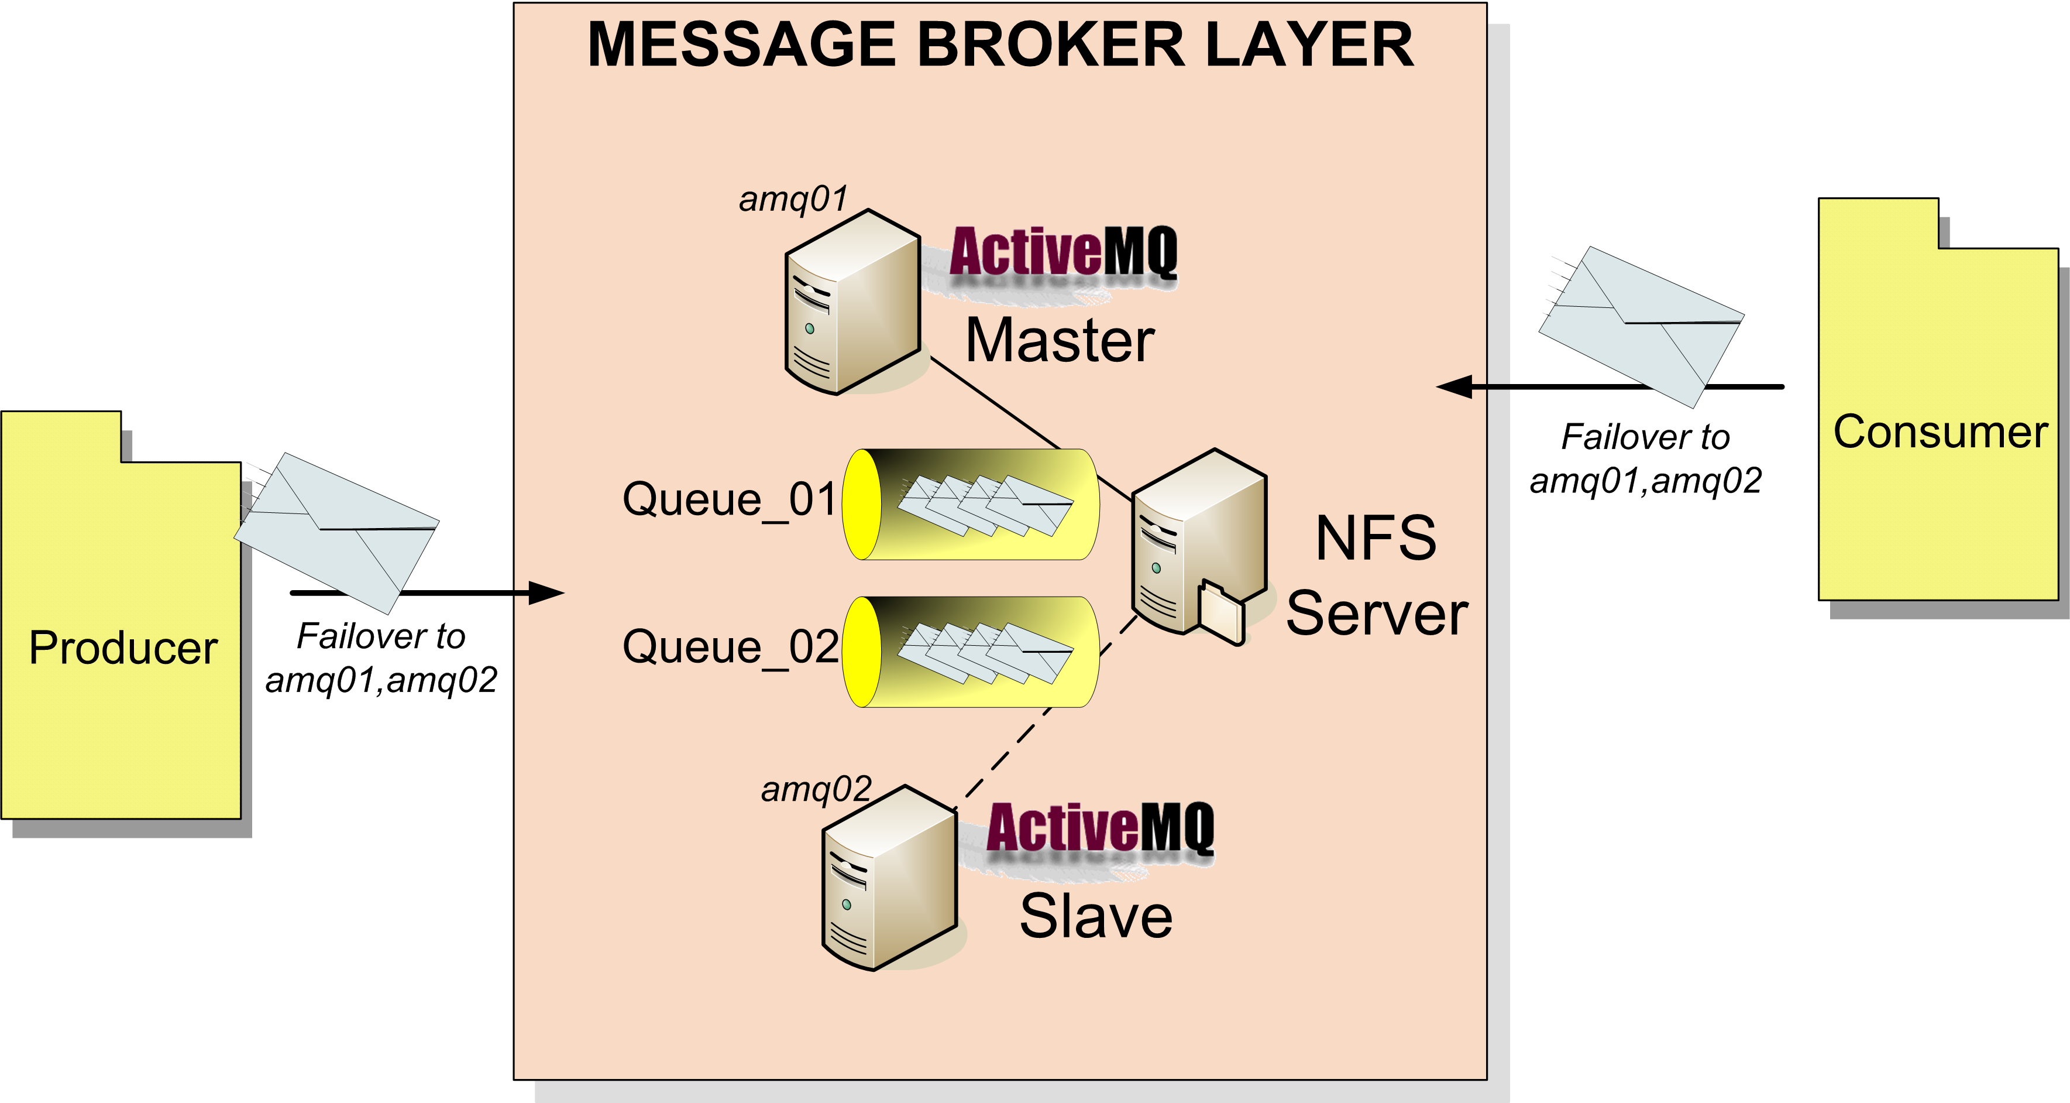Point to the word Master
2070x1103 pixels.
coord(1059,341)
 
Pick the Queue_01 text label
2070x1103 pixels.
coord(730,500)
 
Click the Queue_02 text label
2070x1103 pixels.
coord(730,647)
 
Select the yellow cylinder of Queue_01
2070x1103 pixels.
coord(970,504)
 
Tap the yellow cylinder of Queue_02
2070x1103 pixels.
coord(970,652)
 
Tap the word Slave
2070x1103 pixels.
coord(1095,916)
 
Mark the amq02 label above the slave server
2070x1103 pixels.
coord(816,789)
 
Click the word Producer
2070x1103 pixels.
coord(123,648)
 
